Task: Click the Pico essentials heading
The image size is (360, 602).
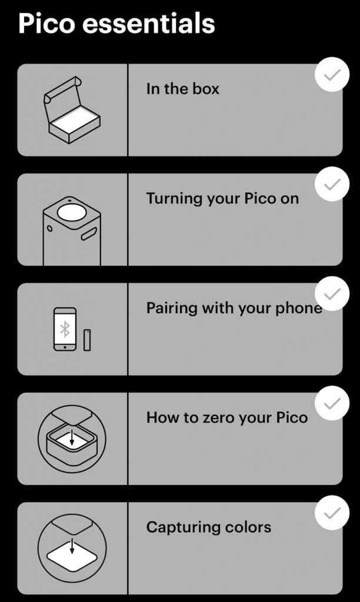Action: point(116,24)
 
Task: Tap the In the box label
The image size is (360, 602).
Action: point(182,89)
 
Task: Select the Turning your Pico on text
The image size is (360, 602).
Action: point(222,199)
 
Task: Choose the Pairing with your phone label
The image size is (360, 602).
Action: point(234,308)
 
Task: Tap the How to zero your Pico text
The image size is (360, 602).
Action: point(226,418)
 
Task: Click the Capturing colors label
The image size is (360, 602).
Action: point(209,527)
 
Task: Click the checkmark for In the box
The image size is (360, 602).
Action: point(332,75)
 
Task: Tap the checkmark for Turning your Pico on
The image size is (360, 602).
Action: point(332,184)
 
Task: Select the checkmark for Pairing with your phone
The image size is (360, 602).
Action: point(332,293)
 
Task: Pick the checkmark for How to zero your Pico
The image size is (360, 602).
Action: point(332,403)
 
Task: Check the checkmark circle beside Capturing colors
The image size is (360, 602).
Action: point(332,513)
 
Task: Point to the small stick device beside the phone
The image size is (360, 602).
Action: point(87,340)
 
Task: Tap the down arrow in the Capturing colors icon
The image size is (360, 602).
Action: point(72,545)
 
